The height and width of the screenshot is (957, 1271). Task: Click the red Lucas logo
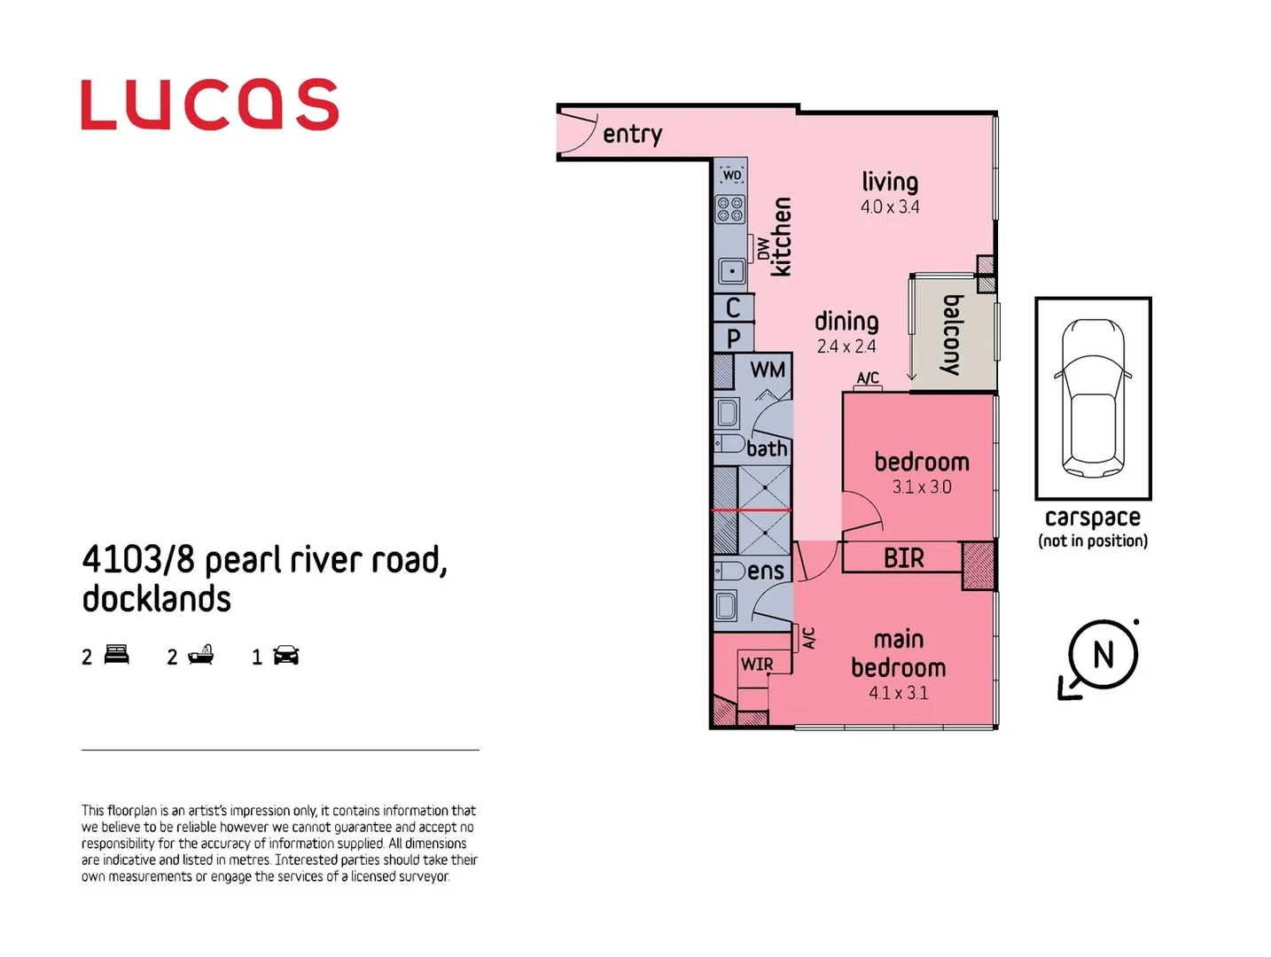point(209,105)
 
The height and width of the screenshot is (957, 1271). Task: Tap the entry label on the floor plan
point(632,134)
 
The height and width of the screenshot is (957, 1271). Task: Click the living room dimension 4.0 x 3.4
point(890,207)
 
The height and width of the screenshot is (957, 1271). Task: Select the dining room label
point(846,321)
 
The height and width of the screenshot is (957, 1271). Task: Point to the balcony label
point(952,335)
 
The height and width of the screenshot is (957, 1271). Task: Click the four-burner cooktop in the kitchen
point(730,209)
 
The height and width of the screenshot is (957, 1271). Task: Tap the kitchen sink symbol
point(731,271)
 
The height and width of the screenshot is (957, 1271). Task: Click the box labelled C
point(733,307)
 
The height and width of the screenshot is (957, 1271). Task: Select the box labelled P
point(733,338)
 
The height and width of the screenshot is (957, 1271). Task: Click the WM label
point(768,370)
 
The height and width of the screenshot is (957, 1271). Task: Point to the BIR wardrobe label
point(903,558)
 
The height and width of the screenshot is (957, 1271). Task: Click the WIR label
point(757,665)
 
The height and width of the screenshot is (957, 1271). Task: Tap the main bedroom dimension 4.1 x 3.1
point(898,693)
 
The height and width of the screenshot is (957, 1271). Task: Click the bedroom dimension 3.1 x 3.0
point(922,487)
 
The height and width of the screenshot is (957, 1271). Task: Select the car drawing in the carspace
point(1093,398)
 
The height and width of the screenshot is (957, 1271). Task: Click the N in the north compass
point(1103,656)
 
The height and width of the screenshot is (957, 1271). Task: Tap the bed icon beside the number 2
point(117,656)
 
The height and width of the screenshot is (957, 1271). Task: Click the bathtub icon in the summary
point(200,656)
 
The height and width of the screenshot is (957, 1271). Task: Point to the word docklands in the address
point(157,600)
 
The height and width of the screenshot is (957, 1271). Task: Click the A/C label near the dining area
point(868,378)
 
